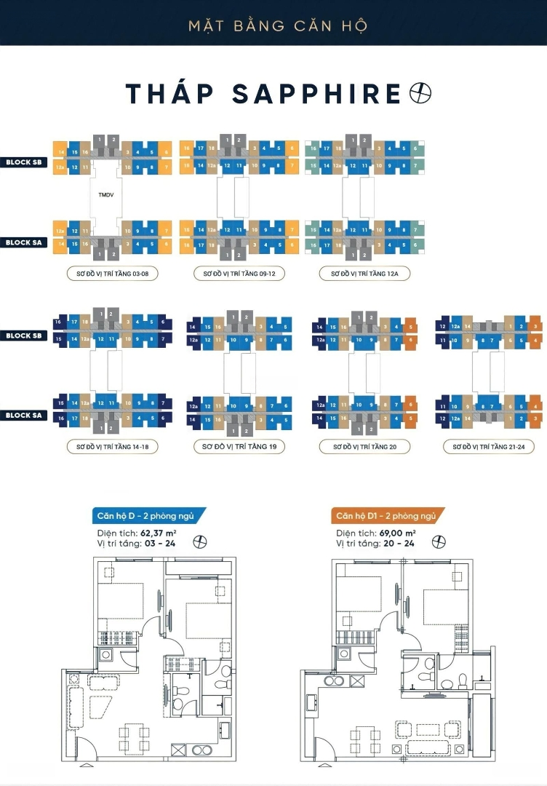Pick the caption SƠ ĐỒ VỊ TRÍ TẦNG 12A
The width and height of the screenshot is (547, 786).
[364, 274]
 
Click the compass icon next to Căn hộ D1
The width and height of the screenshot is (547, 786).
[439, 541]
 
